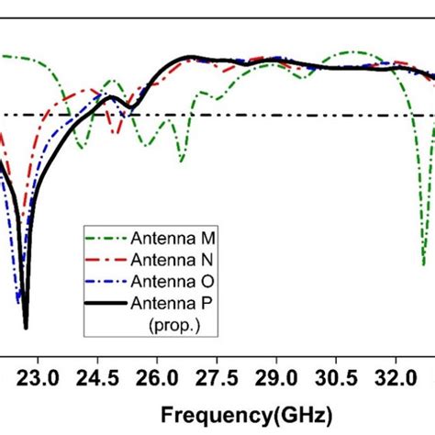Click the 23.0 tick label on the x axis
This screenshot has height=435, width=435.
pyautogui.click(x=38, y=376)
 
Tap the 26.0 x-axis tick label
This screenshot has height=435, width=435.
pyautogui.click(x=157, y=376)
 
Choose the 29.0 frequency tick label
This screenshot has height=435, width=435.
pyautogui.click(x=276, y=376)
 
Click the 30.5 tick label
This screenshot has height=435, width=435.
pyautogui.click(x=336, y=376)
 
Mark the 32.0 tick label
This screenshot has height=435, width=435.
pyautogui.click(x=396, y=376)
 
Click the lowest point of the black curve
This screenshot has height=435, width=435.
pyautogui.click(x=26, y=327)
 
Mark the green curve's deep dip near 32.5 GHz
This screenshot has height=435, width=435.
pyautogui.click(x=423, y=262)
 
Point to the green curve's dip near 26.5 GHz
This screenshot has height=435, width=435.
pyautogui.click(x=182, y=161)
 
